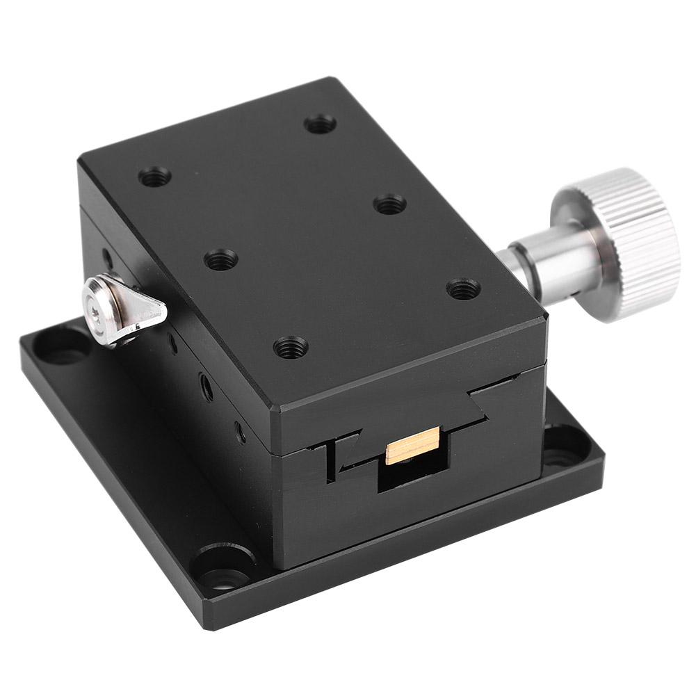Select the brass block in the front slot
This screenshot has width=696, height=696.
pos(413,445)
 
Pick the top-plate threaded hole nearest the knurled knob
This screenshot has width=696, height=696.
pos(463,289)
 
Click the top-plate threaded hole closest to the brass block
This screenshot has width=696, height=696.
pos(291,346)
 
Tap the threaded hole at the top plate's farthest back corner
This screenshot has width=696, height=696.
pos(320,125)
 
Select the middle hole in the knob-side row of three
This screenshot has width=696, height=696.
pos(389,204)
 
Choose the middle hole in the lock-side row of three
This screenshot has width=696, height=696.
pos(221,260)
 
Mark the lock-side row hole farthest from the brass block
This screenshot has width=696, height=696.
pos(155,177)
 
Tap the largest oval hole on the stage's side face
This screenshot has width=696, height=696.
pos(207,387)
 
